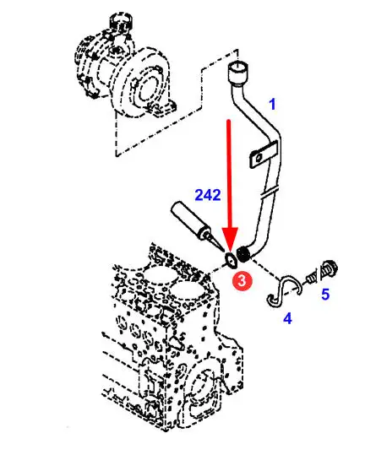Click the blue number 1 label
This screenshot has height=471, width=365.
(x=272, y=104)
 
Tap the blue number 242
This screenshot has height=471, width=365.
(x=208, y=195)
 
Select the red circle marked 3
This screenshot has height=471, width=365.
(x=242, y=281)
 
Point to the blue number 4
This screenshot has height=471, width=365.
(x=287, y=318)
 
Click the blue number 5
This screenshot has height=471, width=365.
(x=325, y=294)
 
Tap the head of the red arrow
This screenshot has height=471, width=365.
(x=230, y=240)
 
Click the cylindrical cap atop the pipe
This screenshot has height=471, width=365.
(x=238, y=71)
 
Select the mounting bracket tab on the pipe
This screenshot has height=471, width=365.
(x=264, y=154)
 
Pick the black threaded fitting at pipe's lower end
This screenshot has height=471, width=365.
(x=243, y=254)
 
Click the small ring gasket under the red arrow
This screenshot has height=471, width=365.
(x=232, y=260)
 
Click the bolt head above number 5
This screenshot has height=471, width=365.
(x=329, y=269)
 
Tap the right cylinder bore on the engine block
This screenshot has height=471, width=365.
(x=188, y=291)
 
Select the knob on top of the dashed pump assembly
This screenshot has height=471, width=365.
(x=121, y=22)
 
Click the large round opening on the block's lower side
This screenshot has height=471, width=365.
(x=200, y=390)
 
